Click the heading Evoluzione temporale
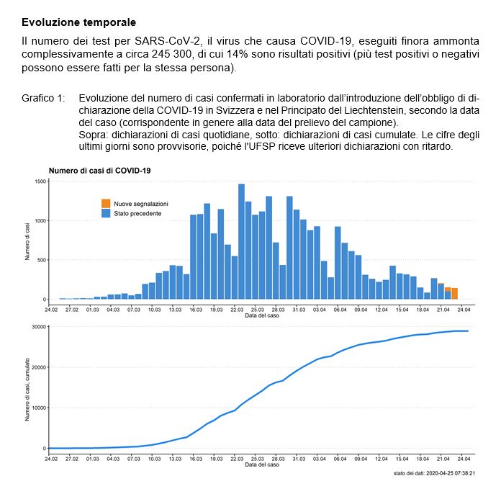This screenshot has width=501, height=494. coord(78,23)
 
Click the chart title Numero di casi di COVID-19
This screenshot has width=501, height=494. coord(99,171)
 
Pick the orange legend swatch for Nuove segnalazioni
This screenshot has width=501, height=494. coord(106,204)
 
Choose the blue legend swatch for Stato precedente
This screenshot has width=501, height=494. coord(106,214)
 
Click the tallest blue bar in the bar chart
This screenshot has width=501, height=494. coord(241,241)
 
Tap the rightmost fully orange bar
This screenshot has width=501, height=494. coord(455,293)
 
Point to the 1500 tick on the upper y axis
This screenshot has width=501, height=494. coord(40,181)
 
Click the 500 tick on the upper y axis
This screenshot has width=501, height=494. coord(42,260)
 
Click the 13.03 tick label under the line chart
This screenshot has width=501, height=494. coord(175,458)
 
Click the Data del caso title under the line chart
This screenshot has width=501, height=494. coord(261,464)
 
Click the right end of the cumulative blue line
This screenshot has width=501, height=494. coord(468,331)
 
